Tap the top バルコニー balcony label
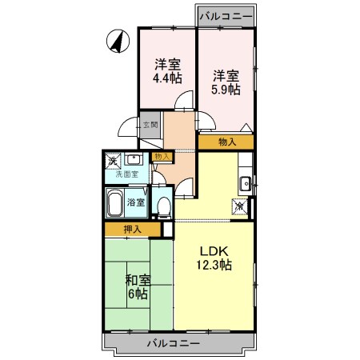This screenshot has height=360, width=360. point(226,16)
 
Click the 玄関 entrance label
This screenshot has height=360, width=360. point(151,125)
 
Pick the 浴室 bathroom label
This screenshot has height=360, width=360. point(136,202)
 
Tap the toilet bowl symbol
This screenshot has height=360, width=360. point(164,207)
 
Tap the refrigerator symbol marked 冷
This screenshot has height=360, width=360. point(239,206)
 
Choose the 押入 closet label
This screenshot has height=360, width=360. point(132,230)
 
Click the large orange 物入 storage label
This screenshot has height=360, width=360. point(227,142)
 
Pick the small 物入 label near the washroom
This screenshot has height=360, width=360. point(162,156)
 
